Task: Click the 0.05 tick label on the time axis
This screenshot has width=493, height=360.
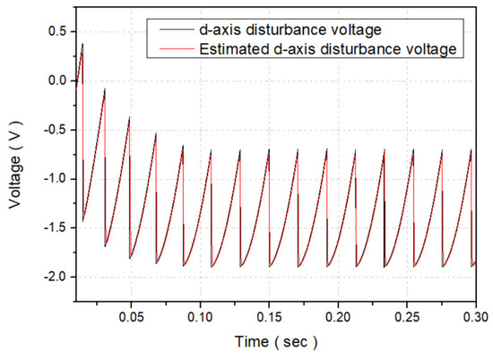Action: (x=131, y=318)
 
